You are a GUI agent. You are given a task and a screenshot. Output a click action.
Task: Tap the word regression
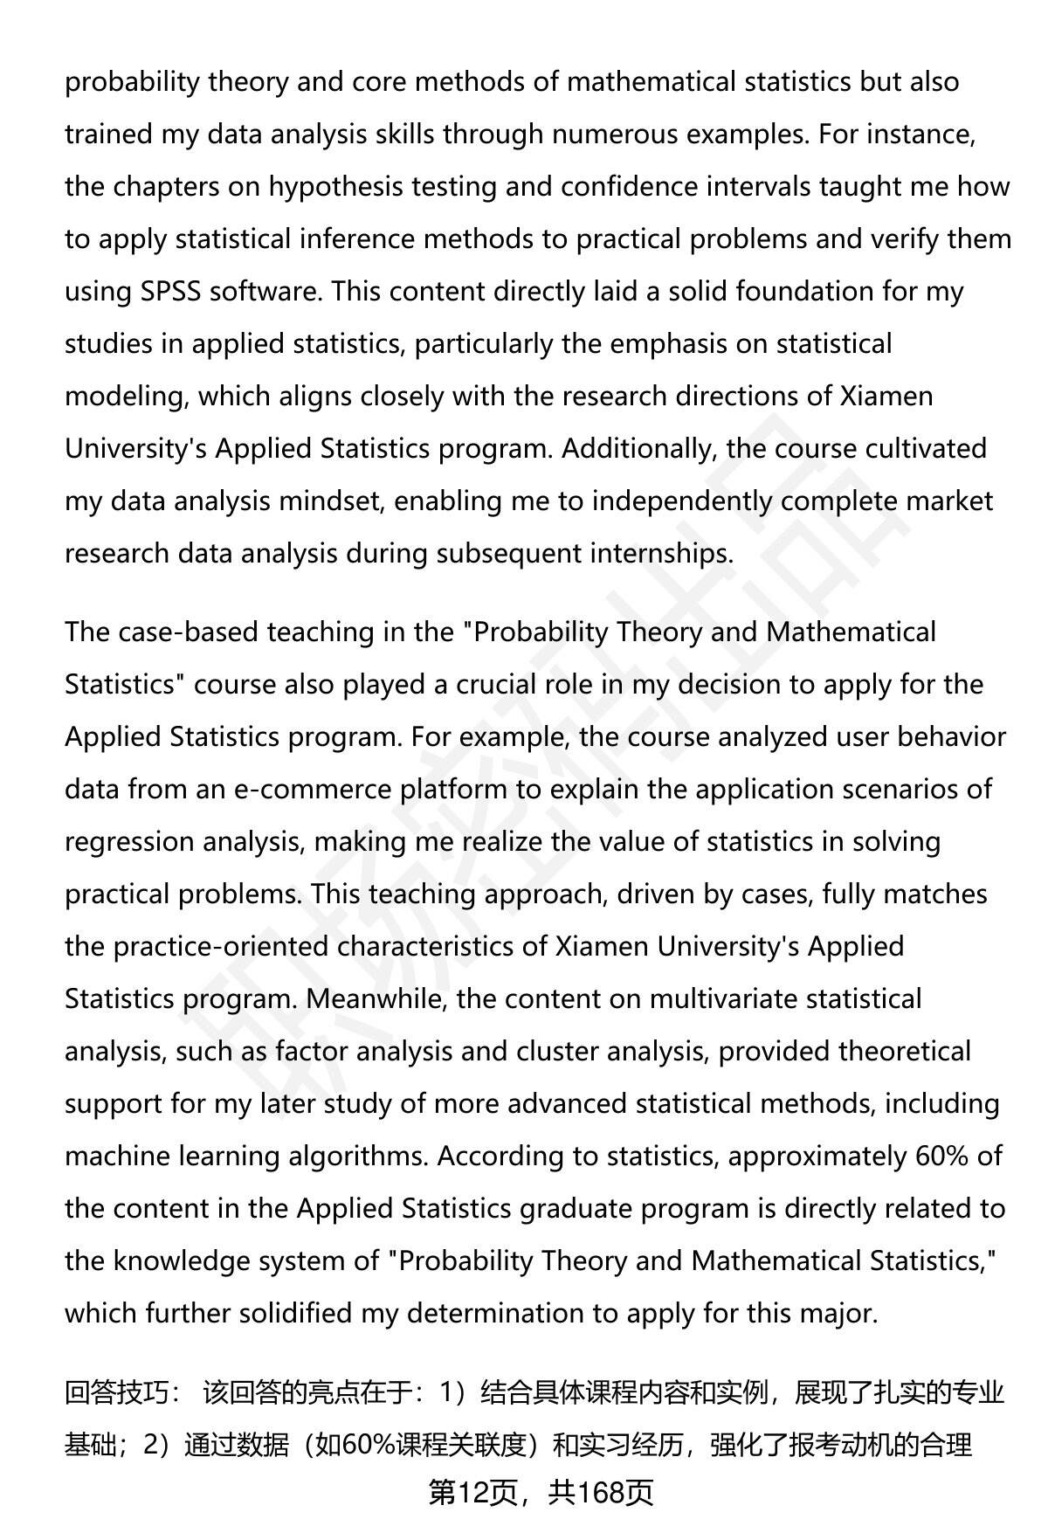coord(130,842)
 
